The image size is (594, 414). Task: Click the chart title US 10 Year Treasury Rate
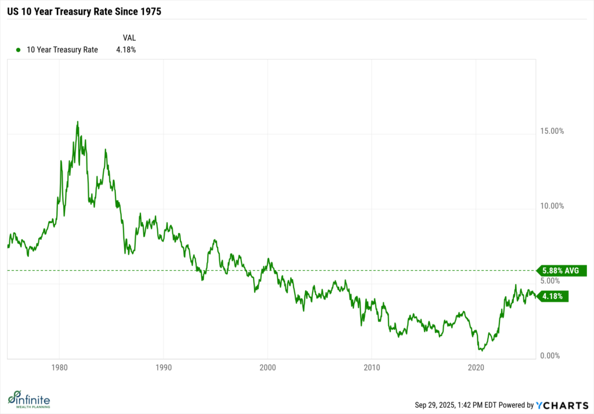[84, 10]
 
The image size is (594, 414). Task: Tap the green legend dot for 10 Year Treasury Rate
[19, 50]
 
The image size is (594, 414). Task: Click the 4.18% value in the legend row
[126, 50]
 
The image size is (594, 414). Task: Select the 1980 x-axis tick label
[59, 367]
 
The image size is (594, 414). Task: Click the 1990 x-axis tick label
[164, 367]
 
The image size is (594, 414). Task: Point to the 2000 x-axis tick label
[267, 367]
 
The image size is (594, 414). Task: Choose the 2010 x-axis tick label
[372, 367]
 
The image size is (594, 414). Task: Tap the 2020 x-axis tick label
[476, 367]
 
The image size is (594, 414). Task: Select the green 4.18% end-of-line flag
[553, 296]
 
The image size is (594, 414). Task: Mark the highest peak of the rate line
[78, 122]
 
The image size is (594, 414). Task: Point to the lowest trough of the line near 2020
[481, 350]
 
